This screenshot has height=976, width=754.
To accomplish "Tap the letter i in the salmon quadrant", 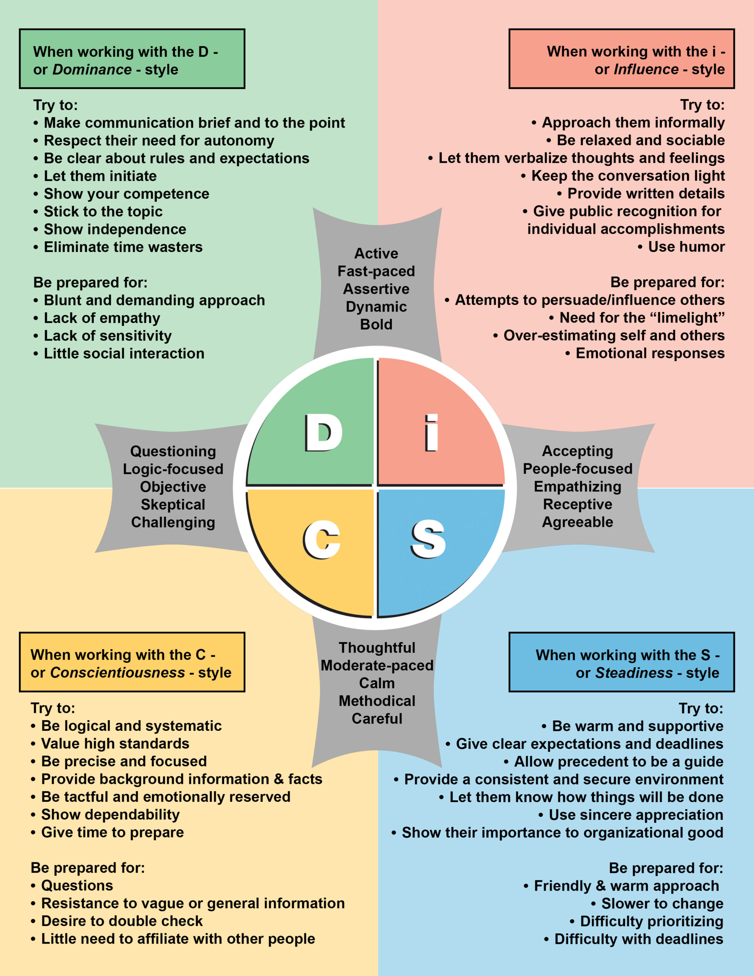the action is click(431, 433).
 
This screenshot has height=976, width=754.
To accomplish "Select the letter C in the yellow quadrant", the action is click(321, 539).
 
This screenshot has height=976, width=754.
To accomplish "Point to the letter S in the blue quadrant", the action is click(428, 539).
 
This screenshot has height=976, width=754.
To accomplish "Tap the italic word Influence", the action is click(646, 69).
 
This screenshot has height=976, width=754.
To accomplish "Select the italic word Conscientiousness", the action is click(117, 673).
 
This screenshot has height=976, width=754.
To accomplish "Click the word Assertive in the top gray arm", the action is click(376, 289).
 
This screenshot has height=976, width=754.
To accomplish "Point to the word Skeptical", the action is click(173, 504).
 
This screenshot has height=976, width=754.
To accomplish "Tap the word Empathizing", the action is click(578, 486).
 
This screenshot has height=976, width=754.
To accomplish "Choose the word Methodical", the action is click(377, 701).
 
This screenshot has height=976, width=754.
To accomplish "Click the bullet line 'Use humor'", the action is click(681, 247).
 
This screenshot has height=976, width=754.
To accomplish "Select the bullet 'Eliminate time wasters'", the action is click(118, 247).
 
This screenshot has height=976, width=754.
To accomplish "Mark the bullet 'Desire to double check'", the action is click(117, 921).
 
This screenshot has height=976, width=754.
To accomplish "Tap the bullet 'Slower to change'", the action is click(657, 904).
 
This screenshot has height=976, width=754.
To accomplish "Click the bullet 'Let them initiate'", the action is click(95, 176).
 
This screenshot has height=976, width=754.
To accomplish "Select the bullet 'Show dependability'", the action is click(106, 815).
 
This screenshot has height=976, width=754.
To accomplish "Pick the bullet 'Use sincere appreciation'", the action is click(630, 815).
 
